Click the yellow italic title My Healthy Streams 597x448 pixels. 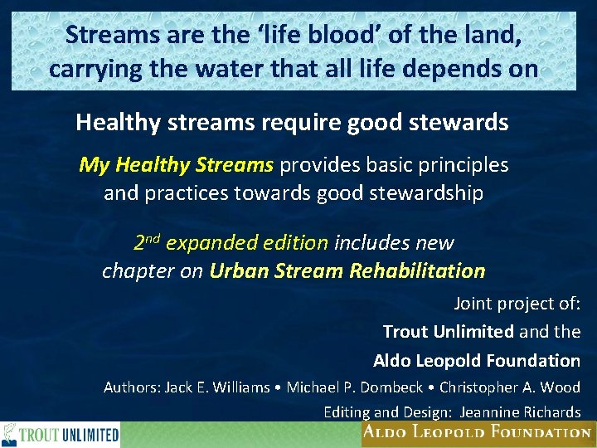(x=176, y=164)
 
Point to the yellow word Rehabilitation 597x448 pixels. (x=417, y=271)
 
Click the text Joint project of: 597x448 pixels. (x=517, y=303)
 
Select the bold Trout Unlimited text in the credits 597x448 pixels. (x=448, y=332)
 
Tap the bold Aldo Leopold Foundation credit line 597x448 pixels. (x=476, y=360)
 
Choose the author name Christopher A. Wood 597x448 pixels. (x=509, y=387)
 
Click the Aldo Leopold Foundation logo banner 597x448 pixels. (x=476, y=432)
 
